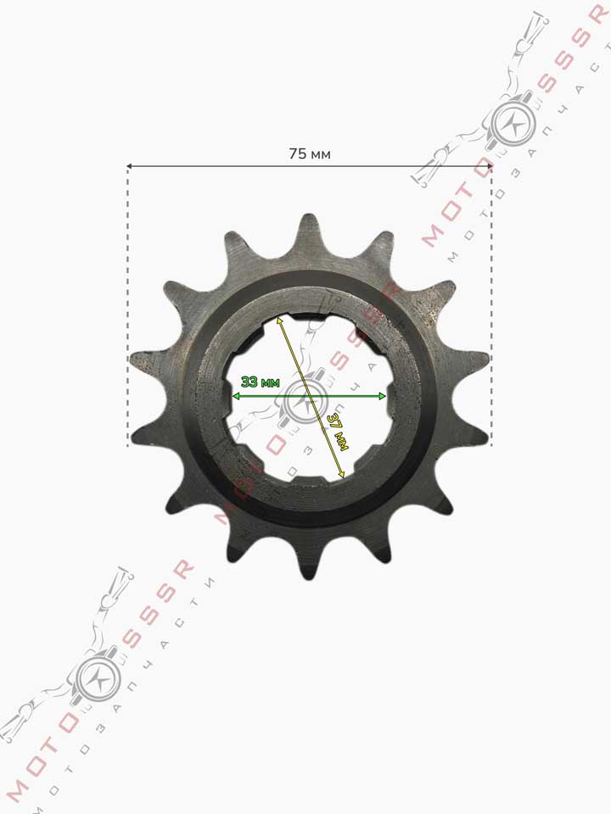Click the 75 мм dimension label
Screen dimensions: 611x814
[309, 153]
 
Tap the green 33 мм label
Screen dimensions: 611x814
[261, 382]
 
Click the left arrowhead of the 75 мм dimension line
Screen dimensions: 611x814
[130, 166]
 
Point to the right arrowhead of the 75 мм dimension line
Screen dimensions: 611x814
[489, 166]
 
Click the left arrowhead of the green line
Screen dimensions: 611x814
[235, 396]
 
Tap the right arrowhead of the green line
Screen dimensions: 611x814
[383, 396]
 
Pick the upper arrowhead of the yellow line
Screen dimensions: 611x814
[279, 319]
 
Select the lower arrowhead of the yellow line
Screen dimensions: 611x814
[341, 474]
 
